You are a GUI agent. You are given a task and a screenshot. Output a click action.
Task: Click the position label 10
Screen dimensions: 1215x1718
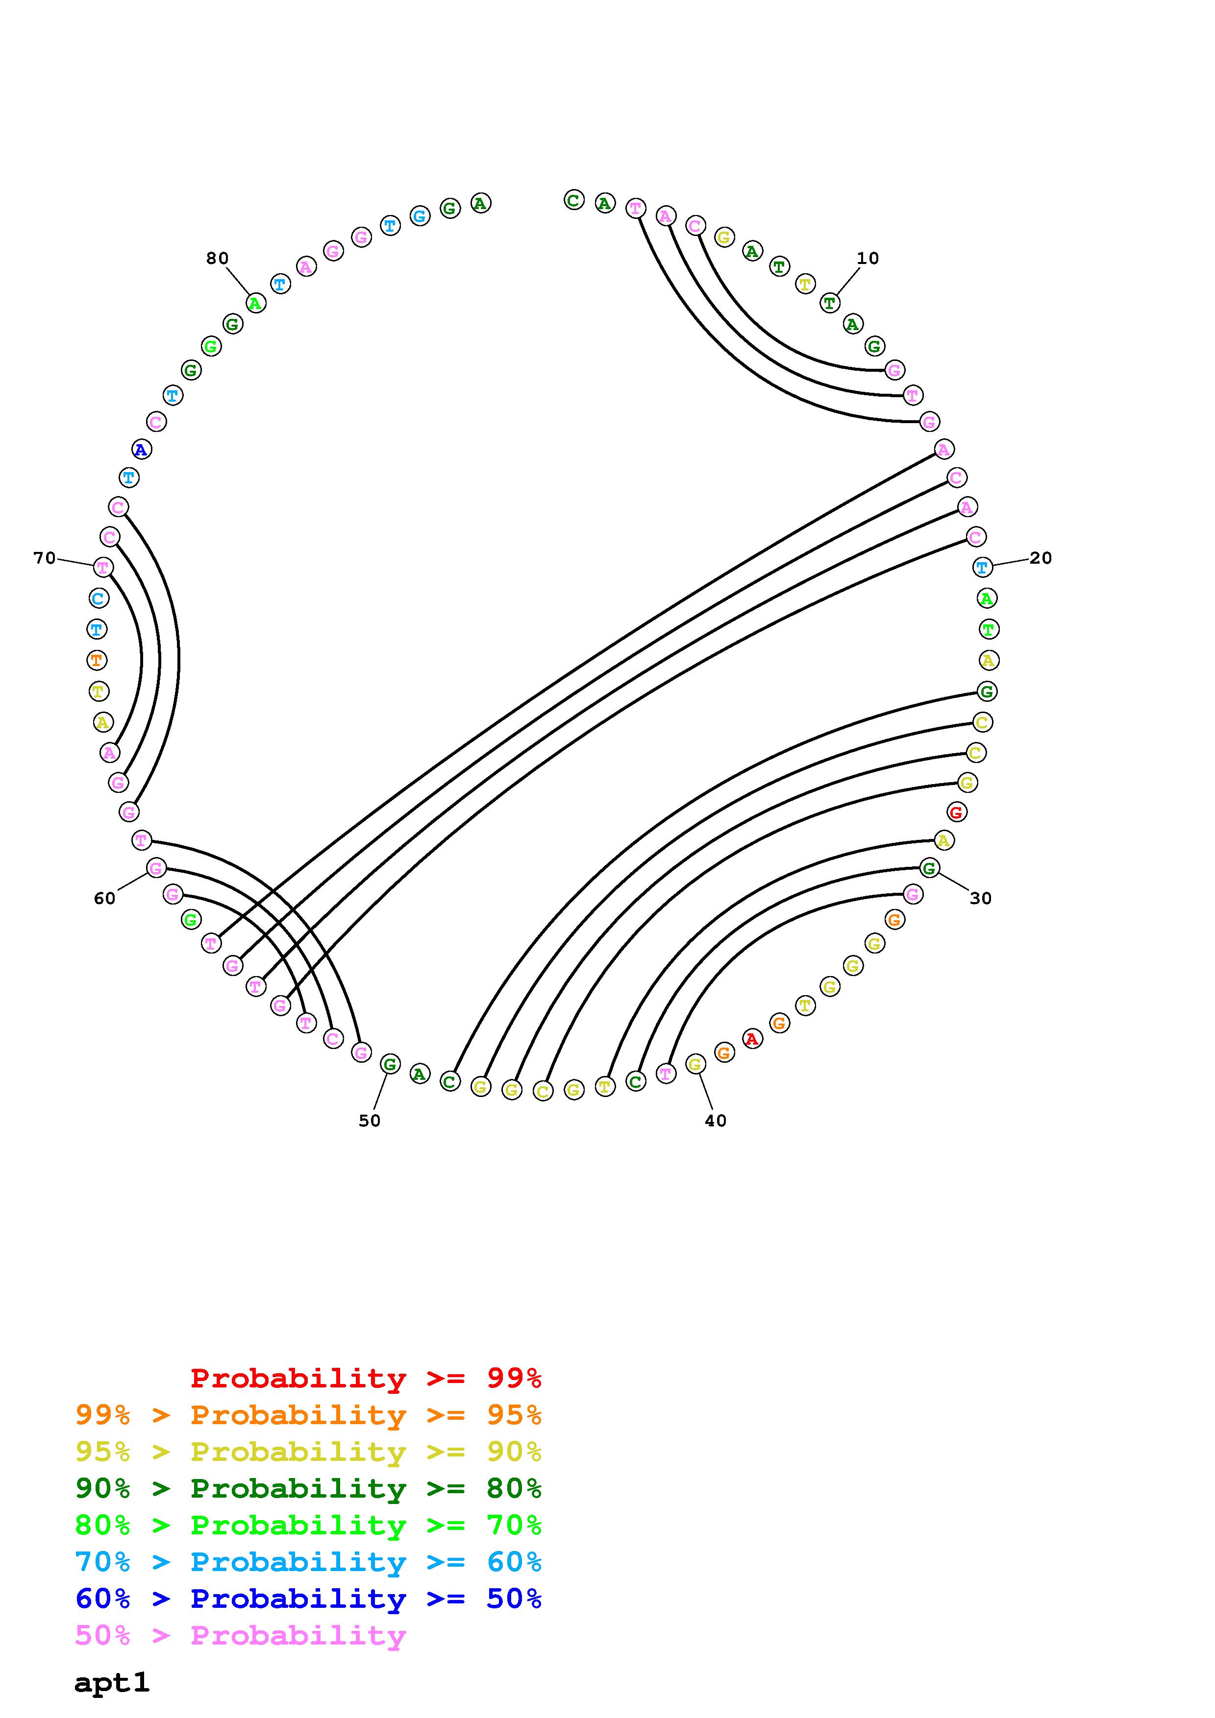(868, 258)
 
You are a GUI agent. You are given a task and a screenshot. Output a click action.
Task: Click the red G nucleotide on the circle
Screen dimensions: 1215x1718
(956, 812)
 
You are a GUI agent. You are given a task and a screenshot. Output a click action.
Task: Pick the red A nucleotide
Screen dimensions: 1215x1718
(752, 1039)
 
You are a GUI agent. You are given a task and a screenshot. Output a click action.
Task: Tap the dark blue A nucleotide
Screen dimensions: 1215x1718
(141, 450)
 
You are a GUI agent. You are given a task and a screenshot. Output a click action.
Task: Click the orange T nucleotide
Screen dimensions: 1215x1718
(97, 660)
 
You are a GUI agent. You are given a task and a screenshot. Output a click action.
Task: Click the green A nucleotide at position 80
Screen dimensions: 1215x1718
(256, 303)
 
